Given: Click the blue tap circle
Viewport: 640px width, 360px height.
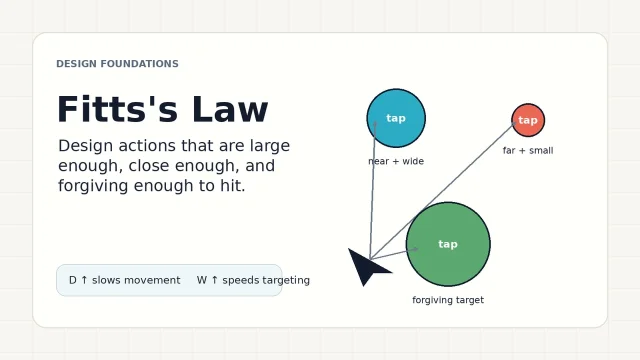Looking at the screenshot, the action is [x=396, y=118].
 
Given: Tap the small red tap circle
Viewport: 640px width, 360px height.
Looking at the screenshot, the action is [x=528, y=120].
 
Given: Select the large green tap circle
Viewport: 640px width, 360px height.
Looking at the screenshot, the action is [x=448, y=244].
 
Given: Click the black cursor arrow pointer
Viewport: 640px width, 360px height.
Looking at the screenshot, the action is [x=367, y=266].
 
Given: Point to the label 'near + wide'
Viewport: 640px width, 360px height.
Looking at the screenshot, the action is [x=396, y=161].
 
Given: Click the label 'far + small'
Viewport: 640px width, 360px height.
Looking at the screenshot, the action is [x=528, y=151].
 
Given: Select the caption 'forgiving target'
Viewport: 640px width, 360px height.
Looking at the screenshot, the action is [x=448, y=300].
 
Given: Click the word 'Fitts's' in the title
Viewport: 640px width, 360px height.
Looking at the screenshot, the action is [x=118, y=109].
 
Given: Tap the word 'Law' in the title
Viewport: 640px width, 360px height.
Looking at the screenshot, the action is [x=230, y=109].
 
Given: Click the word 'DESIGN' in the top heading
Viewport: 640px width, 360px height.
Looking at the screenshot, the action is [x=76, y=64].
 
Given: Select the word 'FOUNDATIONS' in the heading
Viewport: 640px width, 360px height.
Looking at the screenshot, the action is [x=140, y=64].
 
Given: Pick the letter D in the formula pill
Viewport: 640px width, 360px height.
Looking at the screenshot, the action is [x=73, y=280].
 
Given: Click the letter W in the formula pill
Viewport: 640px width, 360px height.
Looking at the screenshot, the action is [x=202, y=280].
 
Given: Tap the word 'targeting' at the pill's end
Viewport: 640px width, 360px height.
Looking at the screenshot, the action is [x=286, y=280].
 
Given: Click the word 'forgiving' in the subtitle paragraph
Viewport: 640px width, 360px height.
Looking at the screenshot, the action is [x=93, y=186].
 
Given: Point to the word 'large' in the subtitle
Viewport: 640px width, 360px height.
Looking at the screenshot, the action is [x=270, y=146].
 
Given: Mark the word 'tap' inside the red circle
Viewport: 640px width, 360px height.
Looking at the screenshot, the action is [x=528, y=120].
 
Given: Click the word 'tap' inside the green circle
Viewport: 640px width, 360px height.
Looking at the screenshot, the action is [x=448, y=244].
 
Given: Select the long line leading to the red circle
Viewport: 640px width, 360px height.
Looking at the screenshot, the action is [x=443, y=191].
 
